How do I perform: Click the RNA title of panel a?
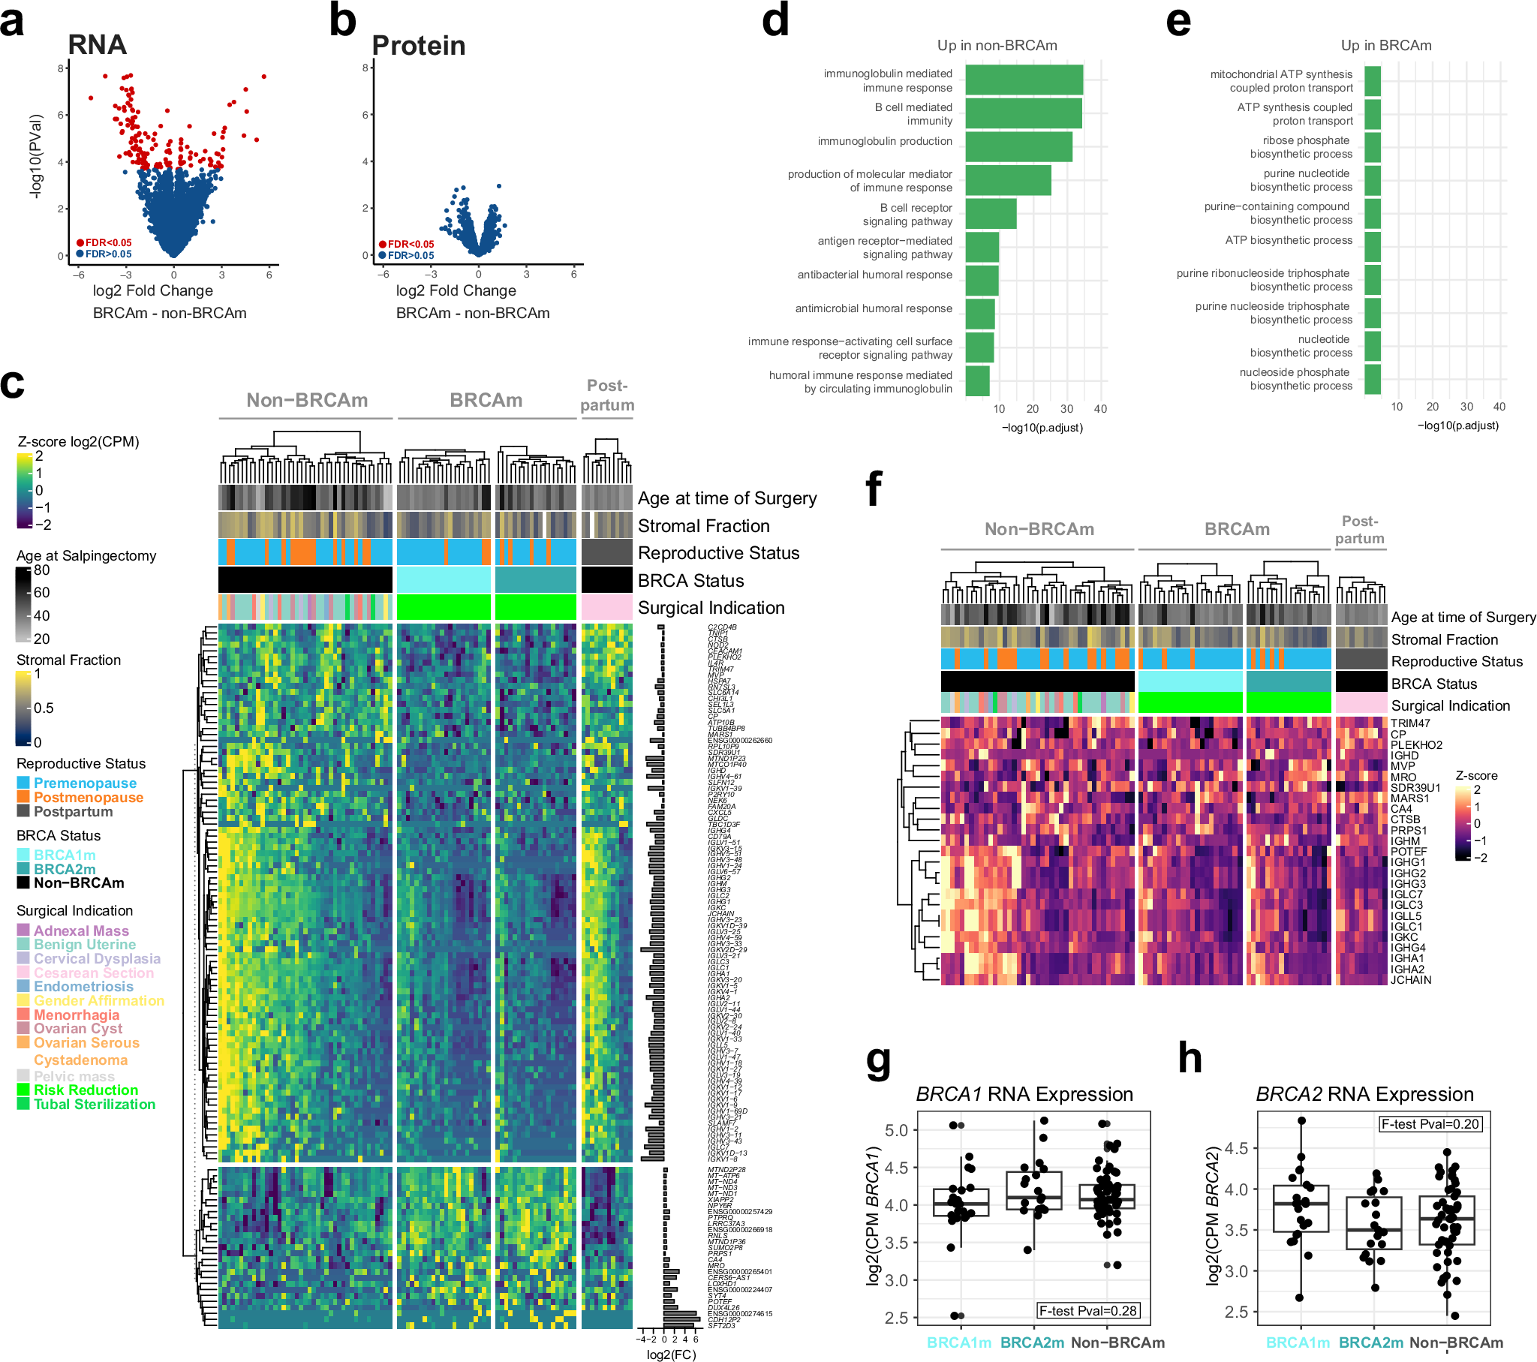pos(97,45)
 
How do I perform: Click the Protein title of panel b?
pos(418,46)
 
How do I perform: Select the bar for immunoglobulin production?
pos(1018,146)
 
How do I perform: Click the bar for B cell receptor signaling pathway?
pos(991,214)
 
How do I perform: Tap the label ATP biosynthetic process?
pos(1288,240)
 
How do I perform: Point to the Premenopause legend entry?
pos(85,783)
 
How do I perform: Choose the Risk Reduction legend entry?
pos(86,1090)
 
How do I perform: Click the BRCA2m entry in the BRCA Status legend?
pos(65,869)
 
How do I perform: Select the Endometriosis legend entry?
pos(83,986)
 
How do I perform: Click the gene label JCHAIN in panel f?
pos(1410,980)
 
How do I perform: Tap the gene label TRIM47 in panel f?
pos(1410,723)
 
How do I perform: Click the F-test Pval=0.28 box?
pos(1087,1311)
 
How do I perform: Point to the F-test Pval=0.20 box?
pos(1430,1124)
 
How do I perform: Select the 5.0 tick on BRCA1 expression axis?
pos(896,1130)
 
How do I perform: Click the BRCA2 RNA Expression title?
pos(1364,1094)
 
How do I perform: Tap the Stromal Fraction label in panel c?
pos(703,526)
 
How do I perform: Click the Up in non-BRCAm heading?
pos(997,45)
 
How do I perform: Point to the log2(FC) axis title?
pos(671,1354)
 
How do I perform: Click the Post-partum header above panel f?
pos(1359,530)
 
